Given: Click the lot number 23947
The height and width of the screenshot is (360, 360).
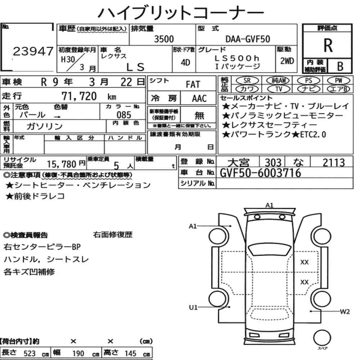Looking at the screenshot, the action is coord(33,51).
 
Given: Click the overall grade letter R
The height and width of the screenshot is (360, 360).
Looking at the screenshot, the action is coord(328,45).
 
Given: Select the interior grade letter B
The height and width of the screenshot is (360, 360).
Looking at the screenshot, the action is coord(340,66).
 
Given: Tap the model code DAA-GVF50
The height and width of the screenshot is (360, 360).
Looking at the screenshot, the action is coord(248,39).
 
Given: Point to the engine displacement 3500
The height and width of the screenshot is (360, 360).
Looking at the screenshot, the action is coord(164,39).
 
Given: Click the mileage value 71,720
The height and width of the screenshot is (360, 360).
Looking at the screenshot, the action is coord(79,96).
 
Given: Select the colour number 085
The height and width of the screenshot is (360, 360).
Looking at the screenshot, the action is coord(124,115).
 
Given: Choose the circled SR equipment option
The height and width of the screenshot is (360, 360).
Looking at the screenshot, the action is coord(247,81).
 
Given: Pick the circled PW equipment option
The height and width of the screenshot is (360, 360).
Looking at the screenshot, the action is coord(338,81).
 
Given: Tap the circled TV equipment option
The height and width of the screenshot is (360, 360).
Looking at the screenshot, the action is coord(279,89).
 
